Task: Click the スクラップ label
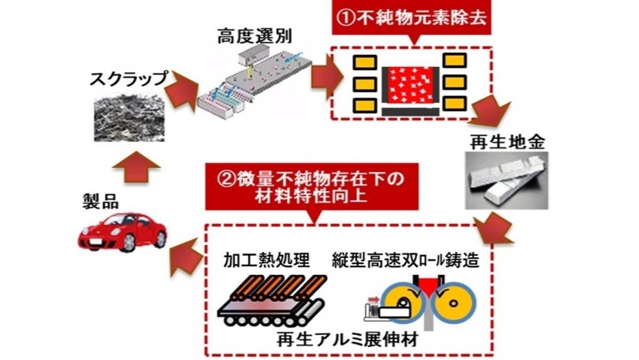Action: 128,79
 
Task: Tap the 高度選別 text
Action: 255,37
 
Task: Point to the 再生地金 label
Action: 507,142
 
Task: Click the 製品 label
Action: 101,201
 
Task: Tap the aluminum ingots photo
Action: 506,181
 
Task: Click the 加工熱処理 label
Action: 266,260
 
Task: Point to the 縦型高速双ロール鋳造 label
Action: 405,260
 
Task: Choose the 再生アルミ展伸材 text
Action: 347,339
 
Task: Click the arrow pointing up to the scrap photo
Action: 136,167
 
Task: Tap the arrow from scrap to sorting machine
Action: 182,91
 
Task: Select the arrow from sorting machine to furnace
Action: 327,77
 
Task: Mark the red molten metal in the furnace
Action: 410,85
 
